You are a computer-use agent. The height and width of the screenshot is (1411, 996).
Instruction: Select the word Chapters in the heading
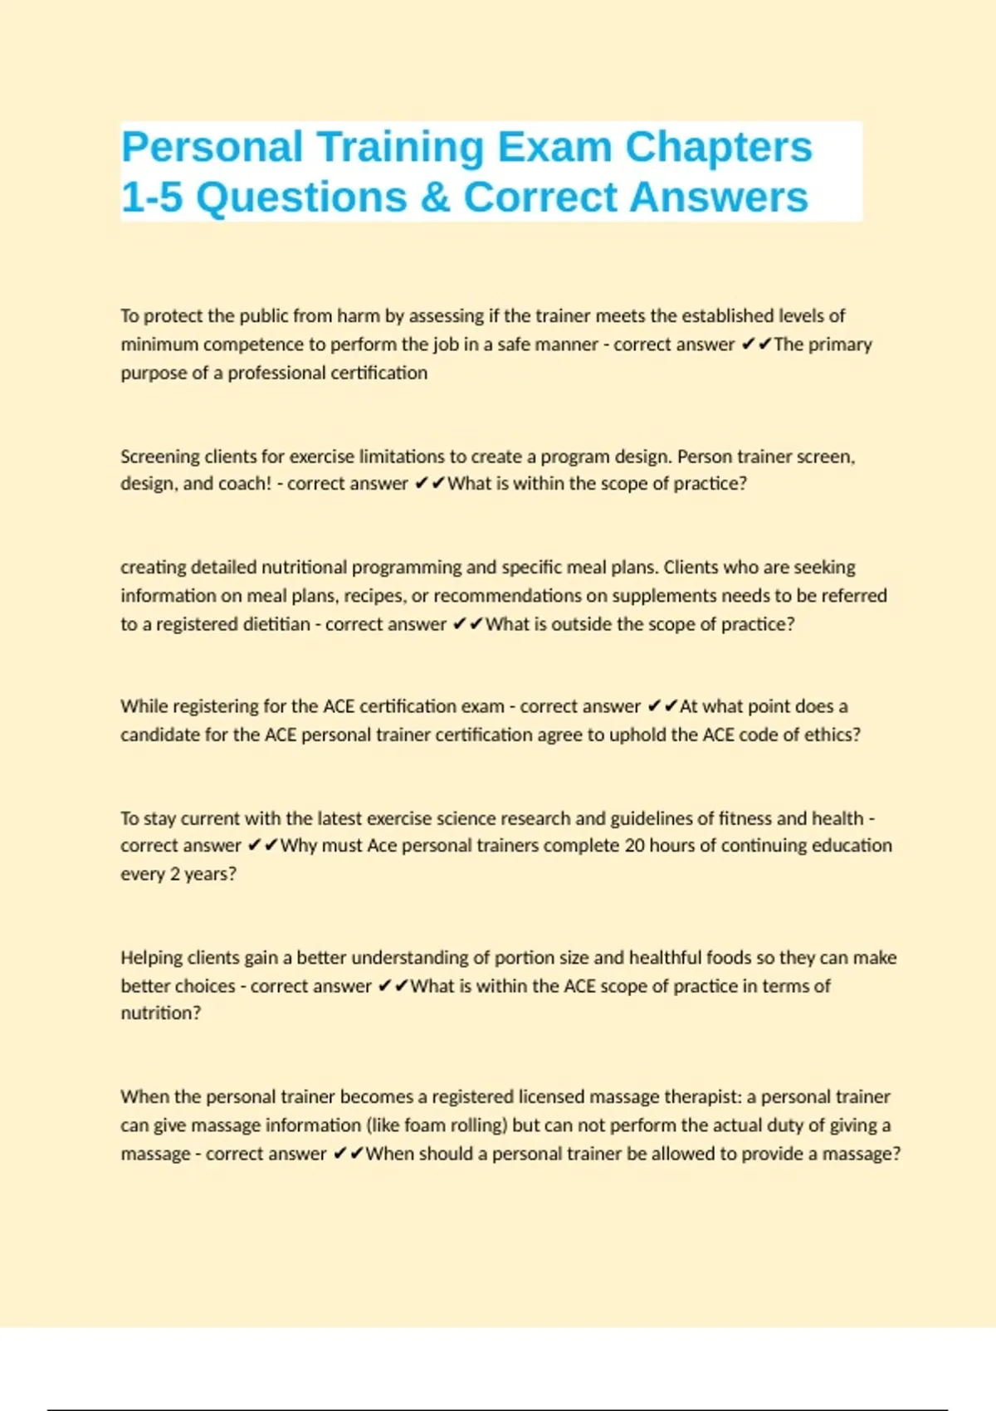(718, 147)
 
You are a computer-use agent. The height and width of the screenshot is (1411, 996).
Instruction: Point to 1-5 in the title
(151, 198)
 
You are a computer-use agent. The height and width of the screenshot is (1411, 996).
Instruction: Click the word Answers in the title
(718, 198)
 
